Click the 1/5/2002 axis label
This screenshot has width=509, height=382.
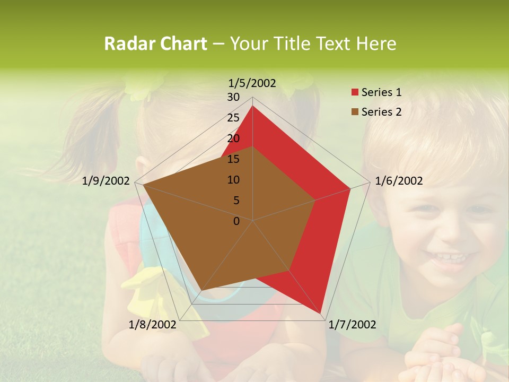[252, 83]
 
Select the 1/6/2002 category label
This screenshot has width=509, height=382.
[399, 181]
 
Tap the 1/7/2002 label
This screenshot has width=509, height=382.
[352, 325]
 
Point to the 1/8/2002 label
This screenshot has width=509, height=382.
[153, 325]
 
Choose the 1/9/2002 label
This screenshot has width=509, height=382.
[106, 181]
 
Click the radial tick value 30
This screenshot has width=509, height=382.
[233, 97]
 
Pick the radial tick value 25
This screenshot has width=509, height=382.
[233, 118]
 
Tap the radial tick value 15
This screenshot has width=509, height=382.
[233, 159]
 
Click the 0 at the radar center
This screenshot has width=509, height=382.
[236, 221]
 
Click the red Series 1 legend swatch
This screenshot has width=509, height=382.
[355, 93]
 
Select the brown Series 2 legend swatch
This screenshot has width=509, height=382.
[355, 112]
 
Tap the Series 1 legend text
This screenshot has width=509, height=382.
[381, 92]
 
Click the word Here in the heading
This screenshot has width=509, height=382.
[376, 44]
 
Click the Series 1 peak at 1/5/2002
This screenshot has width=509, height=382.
[252, 106]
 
